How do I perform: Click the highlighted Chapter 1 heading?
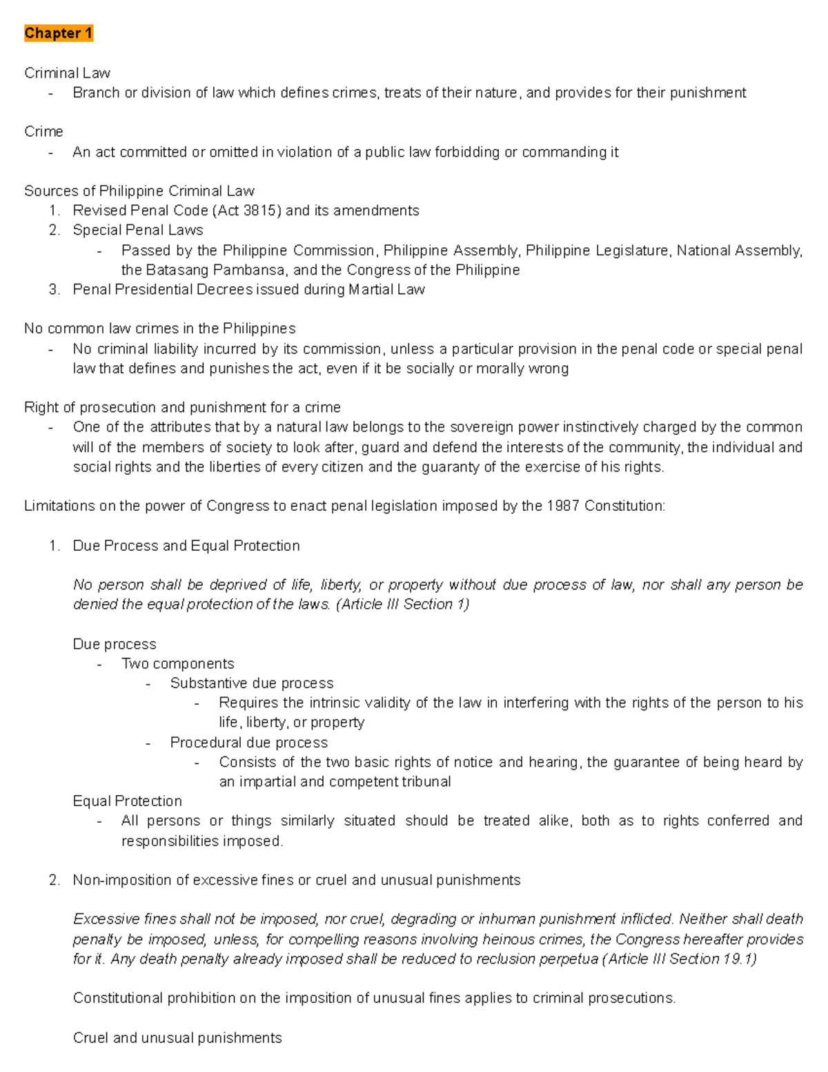pos(58,33)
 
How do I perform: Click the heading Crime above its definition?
pos(43,132)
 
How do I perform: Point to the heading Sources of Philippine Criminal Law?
pos(139,191)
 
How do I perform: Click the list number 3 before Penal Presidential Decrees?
pos(55,290)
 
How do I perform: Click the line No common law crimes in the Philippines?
pos(159,329)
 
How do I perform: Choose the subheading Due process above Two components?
pos(115,644)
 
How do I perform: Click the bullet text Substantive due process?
pos(252,683)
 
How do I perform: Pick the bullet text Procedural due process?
pos(249,743)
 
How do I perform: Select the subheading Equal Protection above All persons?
pos(128,801)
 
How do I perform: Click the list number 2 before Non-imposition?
pos(55,880)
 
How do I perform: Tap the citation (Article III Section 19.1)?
pos(680,959)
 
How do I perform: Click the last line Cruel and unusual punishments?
pos(177,1038)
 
